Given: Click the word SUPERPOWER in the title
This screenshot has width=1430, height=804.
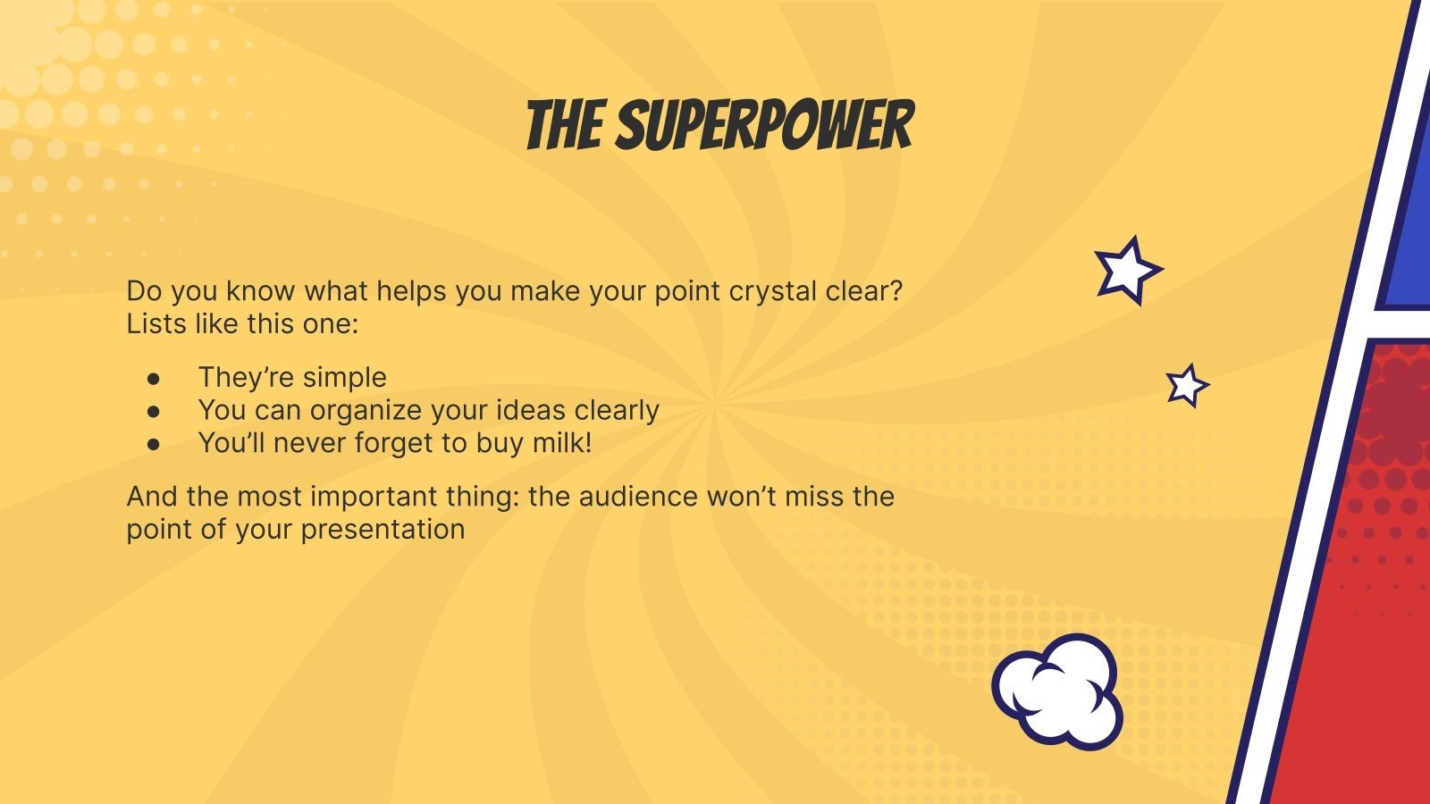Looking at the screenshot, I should coord(765,126).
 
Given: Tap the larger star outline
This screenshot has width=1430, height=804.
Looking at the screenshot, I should coord(1127,270).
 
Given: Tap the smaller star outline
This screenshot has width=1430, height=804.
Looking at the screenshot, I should coord(1187,386).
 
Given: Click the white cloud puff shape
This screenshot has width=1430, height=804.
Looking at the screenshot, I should coord(1058,691).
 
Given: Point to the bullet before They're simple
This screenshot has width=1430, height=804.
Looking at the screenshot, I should coord(155,378).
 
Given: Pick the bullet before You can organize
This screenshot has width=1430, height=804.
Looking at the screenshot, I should coord(155,411).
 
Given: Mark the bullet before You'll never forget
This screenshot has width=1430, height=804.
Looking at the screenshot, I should coord(155,444).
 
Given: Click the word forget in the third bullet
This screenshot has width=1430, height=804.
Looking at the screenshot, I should coord(394,443).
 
